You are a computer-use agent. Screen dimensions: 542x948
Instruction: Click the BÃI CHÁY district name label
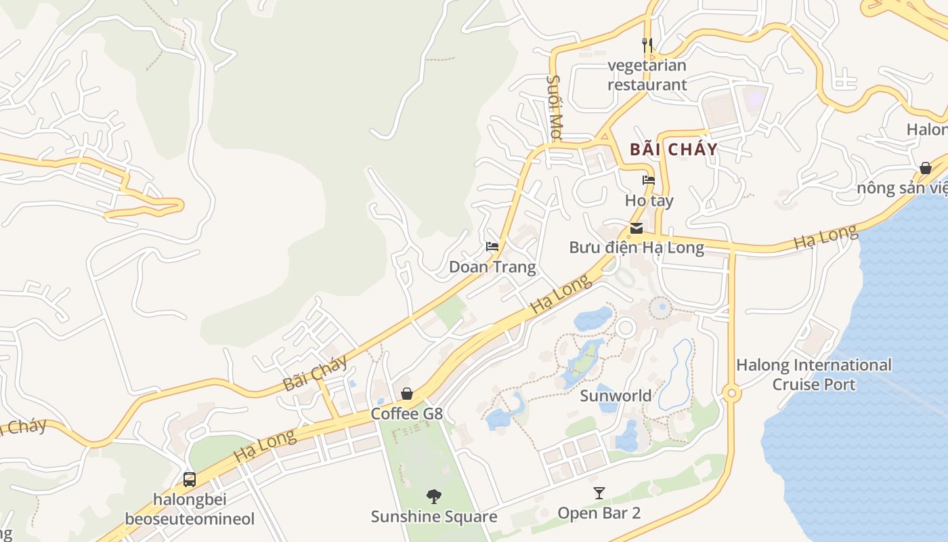673,150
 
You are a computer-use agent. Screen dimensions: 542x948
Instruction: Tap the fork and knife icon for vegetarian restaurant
647,45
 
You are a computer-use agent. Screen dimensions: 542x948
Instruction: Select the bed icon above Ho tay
649,180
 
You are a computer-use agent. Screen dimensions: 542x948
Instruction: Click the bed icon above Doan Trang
492,246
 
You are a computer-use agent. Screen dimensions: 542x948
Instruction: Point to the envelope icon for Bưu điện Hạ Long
637,228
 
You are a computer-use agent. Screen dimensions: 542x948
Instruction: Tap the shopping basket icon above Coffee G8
407,393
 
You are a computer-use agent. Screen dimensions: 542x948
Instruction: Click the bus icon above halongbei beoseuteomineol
190,480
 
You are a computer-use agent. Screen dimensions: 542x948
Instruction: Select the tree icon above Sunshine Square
434,497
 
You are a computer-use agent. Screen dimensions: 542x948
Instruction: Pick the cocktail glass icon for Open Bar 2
599,493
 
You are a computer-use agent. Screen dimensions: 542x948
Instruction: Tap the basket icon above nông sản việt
926,168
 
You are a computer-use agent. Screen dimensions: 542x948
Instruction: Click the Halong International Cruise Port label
814,375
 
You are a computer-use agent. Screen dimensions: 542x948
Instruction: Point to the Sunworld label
616,396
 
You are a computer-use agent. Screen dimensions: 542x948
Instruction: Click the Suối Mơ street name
555,108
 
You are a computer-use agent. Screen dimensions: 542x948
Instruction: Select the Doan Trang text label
492,267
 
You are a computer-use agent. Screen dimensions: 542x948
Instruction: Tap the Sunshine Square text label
434,517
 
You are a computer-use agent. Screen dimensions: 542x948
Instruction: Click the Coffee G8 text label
406,413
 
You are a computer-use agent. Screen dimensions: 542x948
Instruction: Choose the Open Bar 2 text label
599,513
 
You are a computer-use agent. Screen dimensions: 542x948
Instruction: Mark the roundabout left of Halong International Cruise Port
731,393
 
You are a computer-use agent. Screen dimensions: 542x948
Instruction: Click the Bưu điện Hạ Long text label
637,247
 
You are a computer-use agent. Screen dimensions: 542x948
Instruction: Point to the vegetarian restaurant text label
647,75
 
